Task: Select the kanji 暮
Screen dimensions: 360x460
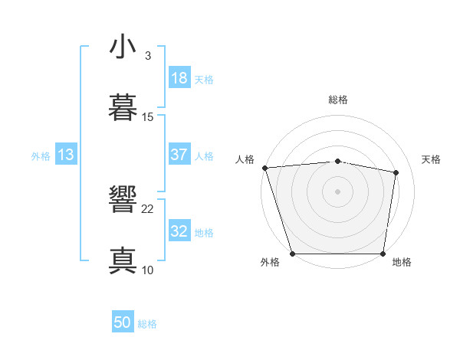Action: click(123, 107)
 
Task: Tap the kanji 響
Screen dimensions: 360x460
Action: click(123, 200)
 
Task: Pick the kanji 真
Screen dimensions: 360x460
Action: click(123, 260)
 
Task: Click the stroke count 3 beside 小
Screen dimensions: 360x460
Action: click(147, 55)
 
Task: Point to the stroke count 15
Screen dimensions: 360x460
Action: click(148, 116)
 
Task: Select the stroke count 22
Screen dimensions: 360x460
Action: click(148, 208)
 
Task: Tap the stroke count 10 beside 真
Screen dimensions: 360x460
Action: click(148, 270)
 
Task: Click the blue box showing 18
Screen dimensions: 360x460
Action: click(179, 78)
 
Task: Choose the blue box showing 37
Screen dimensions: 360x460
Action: click(179, 155)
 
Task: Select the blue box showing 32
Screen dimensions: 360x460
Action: click(179, 231)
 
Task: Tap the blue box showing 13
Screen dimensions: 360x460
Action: click(66, 155)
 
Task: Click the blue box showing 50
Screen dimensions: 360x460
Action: click(123, 322)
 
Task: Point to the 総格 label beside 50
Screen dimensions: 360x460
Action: click(147, 324)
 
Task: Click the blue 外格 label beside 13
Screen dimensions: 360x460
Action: click(41, 156)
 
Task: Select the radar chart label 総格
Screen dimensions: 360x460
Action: click(338, 100)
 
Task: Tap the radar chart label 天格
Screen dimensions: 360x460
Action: click(432, 159)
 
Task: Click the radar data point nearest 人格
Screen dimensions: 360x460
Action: click(264, 168)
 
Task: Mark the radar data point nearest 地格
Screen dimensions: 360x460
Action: click(383, 253)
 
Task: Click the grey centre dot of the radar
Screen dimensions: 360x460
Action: click(338, 191)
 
